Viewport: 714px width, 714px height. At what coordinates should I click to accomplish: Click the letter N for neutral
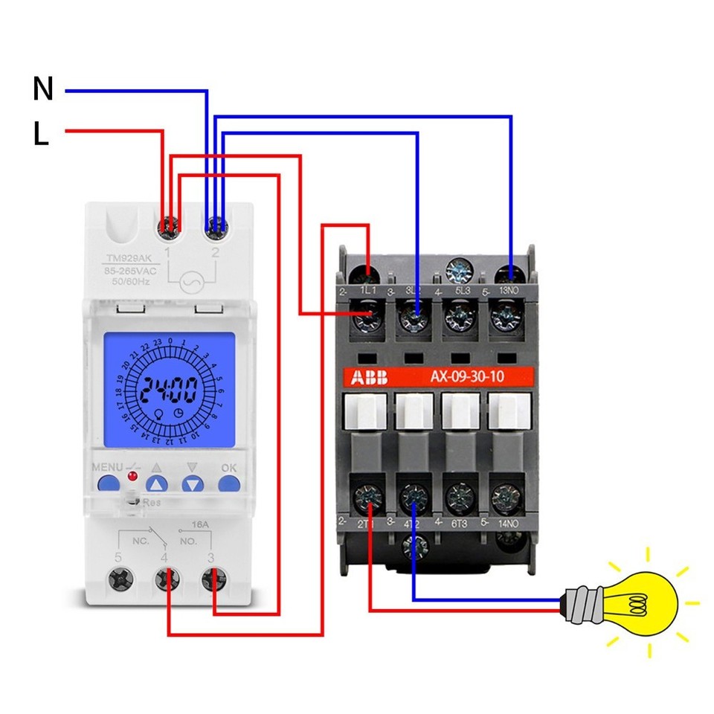point(43,89)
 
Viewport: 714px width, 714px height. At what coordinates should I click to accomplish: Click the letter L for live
point(41,134)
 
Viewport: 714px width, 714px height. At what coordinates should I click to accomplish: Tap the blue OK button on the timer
point(229,484)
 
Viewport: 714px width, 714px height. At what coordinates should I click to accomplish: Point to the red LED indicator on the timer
point(132,475)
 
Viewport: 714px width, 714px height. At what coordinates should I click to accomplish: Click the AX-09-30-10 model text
point(466,377)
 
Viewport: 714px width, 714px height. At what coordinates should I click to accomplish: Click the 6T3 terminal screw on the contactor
point(460,495)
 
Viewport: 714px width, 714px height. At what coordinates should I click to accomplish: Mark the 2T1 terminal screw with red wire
point(368,495)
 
